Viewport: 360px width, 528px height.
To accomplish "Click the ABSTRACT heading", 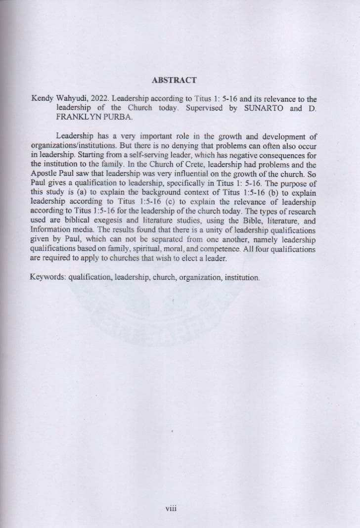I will pos(174,80).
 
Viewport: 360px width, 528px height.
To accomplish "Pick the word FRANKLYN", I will pos(74,117).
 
